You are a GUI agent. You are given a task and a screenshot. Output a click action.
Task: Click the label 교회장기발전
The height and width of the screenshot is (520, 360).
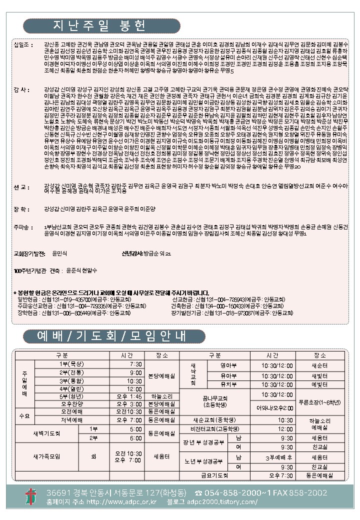coord(31,254)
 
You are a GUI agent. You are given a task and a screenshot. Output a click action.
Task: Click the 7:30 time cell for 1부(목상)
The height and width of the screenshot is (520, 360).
coord(135,364)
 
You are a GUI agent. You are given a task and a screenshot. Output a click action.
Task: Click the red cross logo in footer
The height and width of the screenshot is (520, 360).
coord(31,497)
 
